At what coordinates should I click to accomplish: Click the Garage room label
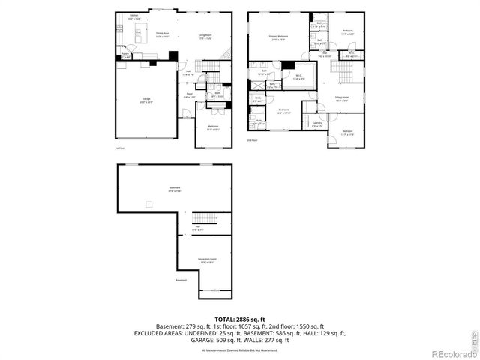point(146,98)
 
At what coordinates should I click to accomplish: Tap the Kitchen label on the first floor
point(133,15)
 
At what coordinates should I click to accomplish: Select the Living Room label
point(205,34)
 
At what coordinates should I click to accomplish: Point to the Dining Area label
point(162,34)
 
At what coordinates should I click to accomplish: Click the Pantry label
point(126,55)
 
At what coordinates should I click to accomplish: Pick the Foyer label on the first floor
point(189,94)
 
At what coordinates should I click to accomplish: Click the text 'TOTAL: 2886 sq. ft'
point(239,319)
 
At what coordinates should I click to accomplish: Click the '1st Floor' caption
point(119,148)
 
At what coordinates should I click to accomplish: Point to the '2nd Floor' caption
point(252,140)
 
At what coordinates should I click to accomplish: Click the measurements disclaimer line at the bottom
point(239,349)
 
